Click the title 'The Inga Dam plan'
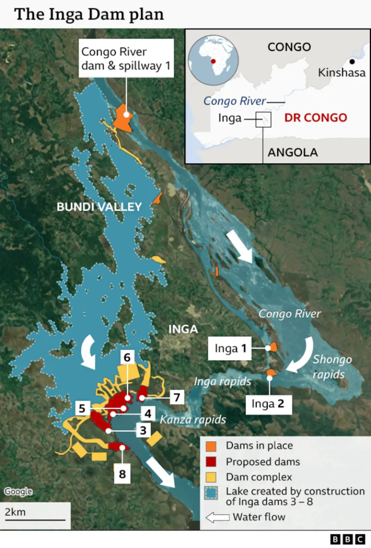tap(89, 14)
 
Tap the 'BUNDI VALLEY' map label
tap(99, 207)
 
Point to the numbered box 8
tap(122, 474)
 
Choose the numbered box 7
tap(177, 397)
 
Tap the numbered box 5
tap(82, 408)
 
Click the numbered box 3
tap(143, 430)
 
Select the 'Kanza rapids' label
tap(193, 420)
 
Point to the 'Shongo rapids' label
tap(332, 366)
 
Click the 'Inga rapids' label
tap(222, 381)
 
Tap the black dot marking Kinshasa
tap(353, 61)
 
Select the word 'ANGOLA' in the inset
tap(293, 153)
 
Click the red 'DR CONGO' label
tap(315, 117)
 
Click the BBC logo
tap(347, 539)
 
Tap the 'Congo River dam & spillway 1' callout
tap(126, 59)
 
